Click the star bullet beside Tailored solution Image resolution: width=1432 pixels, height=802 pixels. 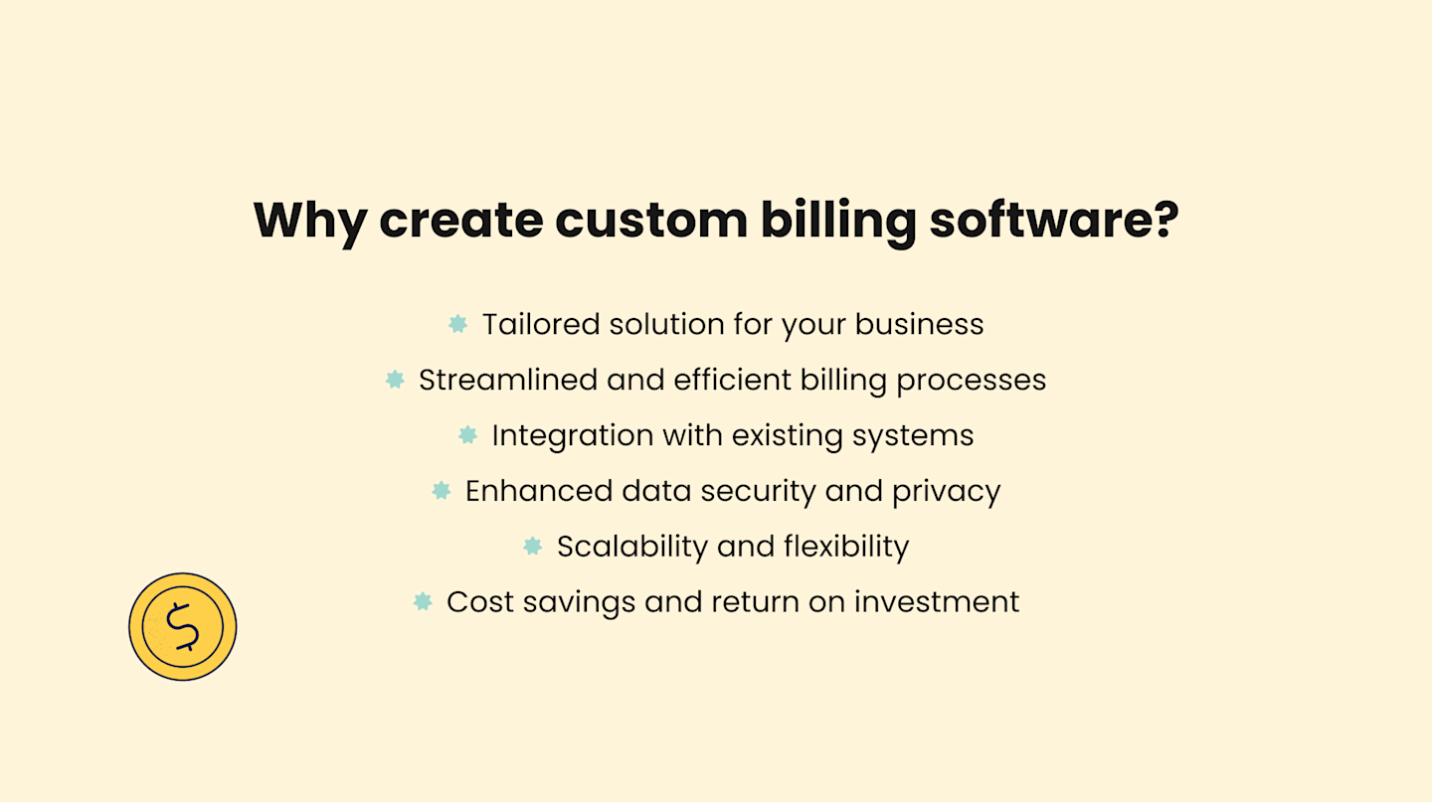pyautogui.click(x=457, y=324)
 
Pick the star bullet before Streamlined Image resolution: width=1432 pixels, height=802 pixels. pyautogui.click(x=395, y=380)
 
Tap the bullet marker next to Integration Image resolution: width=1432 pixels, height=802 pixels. pyautogui.click(x=467, y=435)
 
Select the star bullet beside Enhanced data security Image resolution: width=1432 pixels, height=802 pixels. pyautogui.click(x=441, y=491)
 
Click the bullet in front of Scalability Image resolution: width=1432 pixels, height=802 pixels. pyautogui.click(x=532, y=546)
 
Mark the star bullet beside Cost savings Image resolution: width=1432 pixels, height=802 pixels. pyautogui.click(x=423, y=601)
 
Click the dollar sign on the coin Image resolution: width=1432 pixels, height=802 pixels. pyautogui.click(x=183, y=627)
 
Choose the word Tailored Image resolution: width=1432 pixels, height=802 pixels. pyautogui.click(x=541, y=325)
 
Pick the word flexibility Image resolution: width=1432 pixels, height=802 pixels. pyautogui.click(x=846, y=547)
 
